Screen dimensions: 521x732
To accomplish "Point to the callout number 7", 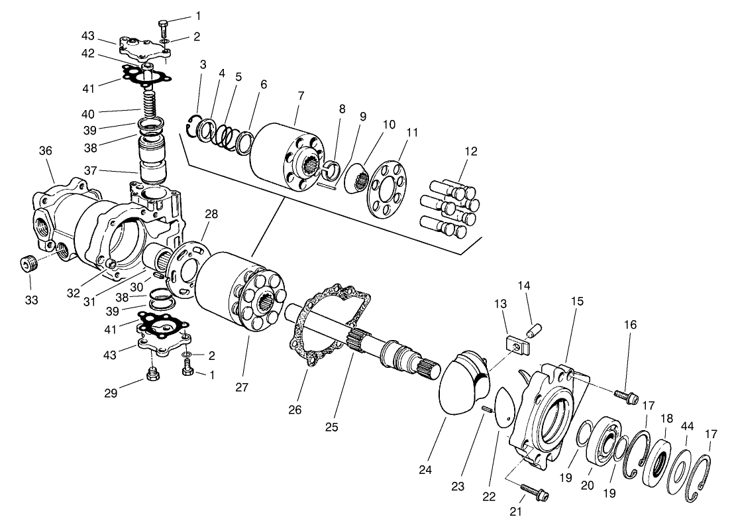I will [301, 96].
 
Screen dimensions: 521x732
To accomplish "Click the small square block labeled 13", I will [513, 344].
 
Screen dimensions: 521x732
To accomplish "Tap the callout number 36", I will [45, 152].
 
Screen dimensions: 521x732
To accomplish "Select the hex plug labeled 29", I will [152, 379].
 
